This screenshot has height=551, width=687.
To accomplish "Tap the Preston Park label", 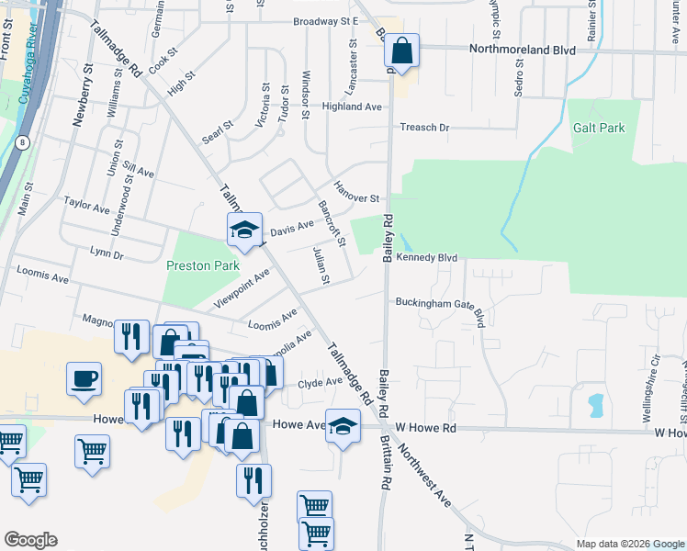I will (202, 265).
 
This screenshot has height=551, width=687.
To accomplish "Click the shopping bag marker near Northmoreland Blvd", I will (401, 51).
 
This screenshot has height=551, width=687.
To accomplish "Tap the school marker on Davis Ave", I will (244, 231).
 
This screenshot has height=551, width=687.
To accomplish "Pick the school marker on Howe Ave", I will (343, 427).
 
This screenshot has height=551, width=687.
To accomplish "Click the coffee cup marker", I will (84, 380).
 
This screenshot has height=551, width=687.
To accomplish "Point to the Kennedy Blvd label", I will (426, 259).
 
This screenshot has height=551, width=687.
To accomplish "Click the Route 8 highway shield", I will (21, 142).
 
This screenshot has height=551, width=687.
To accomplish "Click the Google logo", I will (30, 540).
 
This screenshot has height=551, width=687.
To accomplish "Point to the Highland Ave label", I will (351, 107).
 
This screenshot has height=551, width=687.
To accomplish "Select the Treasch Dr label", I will (423, 128).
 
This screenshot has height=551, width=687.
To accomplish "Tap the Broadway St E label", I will (324, 21).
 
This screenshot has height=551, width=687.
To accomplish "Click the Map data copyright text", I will (629, 544).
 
